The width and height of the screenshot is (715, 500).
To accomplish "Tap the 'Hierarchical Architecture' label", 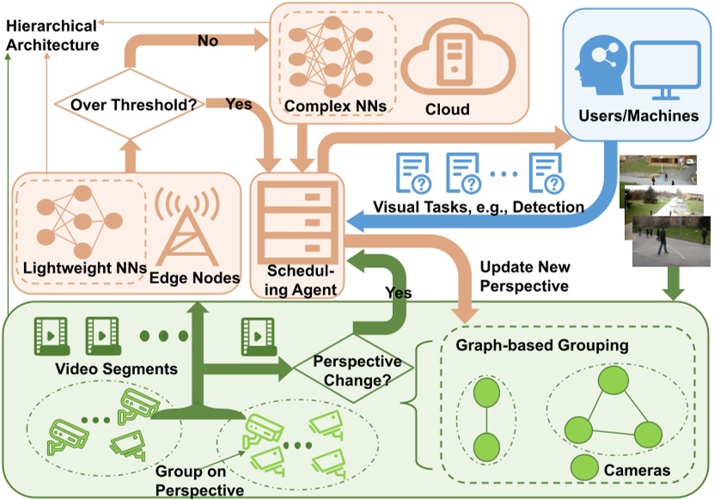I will pyautogui.click(x=52, y=35).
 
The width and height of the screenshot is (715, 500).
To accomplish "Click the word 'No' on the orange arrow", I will pyautogui.click(x=208, y=40).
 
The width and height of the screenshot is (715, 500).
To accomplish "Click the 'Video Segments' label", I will pyautogui.click(x=104, y=369).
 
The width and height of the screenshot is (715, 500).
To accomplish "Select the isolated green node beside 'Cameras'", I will pyautogui.click(x=585, y=469).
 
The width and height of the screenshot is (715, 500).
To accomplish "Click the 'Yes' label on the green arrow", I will pyautogui.click(x=397, y=293).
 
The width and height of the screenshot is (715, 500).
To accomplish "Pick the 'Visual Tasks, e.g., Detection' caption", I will pyautogui.click(x=479, y=207).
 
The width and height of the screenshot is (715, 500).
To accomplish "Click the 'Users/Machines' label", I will pyautogui.click(x=638, y=116).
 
